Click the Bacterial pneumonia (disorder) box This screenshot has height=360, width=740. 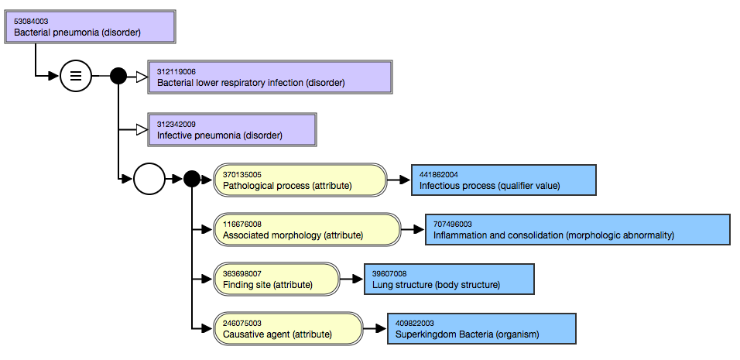pos(90,27)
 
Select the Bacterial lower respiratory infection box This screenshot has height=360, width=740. pos(270,77)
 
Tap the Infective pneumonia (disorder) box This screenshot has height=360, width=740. pos(232,130)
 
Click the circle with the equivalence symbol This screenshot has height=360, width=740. pos(76,76)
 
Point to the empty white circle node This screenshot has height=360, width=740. pos(149,179)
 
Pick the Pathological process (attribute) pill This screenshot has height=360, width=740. pos(300,180)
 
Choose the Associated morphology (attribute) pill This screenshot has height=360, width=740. pos(307,229)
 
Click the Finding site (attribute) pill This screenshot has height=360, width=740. pos(276,279)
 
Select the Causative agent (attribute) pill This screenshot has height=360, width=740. pos(289,328)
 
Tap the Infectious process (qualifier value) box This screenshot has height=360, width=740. pos(504,180)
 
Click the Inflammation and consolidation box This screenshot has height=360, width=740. pos(577,229)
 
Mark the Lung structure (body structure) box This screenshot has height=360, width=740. pos(449,279)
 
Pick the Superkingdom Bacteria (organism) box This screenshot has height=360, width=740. pos(481,328)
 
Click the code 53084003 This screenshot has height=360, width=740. pos(31,21)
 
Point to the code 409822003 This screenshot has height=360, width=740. pos(415,323)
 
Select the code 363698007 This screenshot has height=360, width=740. pos(242,273)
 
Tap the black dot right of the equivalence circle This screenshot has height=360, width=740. pos(118,76)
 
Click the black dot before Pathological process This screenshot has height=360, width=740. pos(192,179)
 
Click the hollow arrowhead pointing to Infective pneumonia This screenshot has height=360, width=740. pos(142,130)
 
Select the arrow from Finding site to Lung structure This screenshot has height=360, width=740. pos(351,279)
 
